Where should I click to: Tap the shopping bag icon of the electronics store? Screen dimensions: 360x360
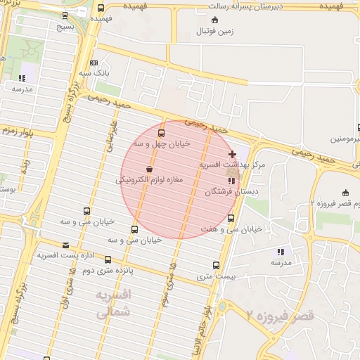[149, 169]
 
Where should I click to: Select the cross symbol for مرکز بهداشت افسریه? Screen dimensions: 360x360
[232, 154]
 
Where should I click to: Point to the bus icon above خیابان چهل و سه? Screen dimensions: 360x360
[162, 132]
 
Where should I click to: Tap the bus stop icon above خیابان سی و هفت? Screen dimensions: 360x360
[231, 218]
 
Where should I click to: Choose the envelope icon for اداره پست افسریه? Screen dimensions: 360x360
[66, 245]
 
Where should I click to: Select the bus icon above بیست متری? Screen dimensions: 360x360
[215, 266]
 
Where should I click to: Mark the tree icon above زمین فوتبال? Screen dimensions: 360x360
[214, 20]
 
